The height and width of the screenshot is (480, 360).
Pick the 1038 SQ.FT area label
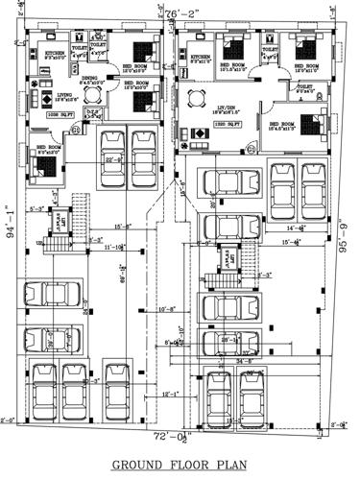point(62,116)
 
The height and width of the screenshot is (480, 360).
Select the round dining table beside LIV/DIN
point(198,96)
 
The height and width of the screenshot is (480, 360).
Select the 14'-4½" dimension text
point(297,228)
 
